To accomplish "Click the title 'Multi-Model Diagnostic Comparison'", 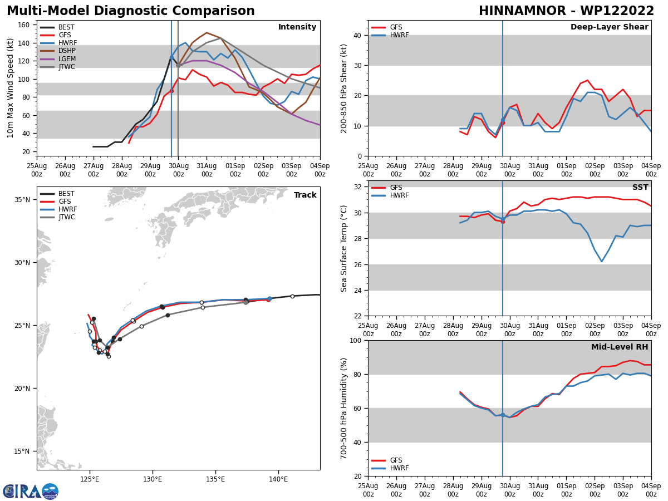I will pos(130,11).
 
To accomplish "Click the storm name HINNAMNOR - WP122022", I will pos(566,11).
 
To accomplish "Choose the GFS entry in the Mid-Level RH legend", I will pos(396,460).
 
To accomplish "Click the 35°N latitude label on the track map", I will pos(22,199).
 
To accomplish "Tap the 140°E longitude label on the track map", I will pos(278,479).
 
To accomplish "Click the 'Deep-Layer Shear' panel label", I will pos(609,27).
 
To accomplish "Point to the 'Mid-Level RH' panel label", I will pos(619,347).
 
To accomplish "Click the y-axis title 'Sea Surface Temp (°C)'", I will pos(345,248).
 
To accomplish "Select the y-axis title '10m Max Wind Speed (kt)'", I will pos(11,88).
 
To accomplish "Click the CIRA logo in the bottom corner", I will pos(31,491).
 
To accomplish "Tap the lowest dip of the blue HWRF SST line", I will pos(601,262).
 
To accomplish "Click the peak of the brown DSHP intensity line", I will pos(207,32).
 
